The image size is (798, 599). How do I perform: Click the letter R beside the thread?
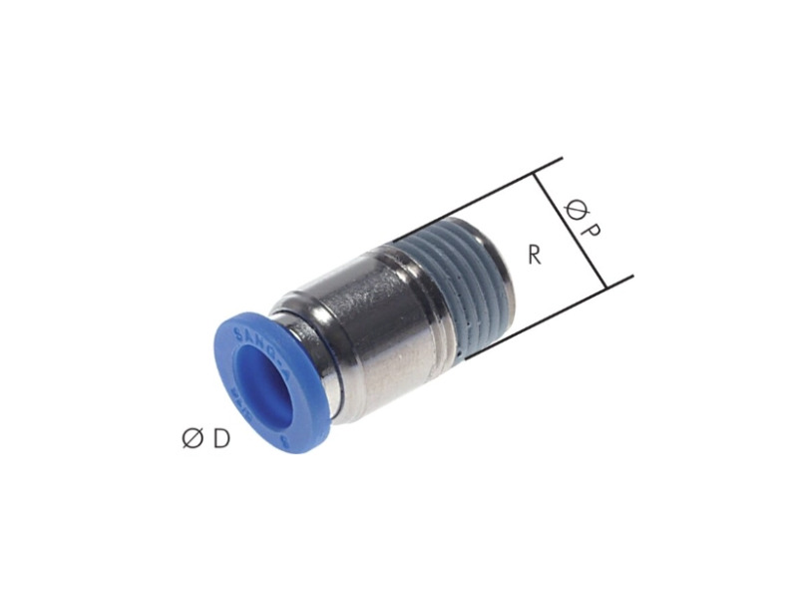click(534, 255)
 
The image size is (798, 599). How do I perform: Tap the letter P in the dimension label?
click(590, 233)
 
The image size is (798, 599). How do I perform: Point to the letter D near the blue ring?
click(220, 438)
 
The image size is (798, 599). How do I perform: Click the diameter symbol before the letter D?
click(193, 439)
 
